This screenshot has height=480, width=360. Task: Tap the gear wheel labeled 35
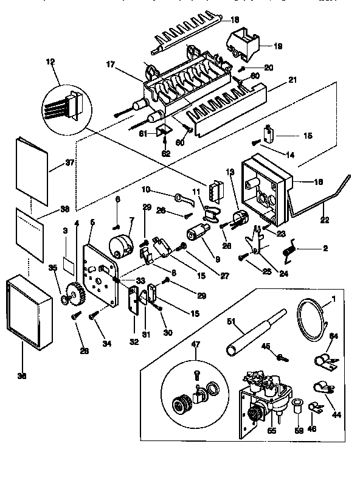[73, 295]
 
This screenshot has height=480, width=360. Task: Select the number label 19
[277, 45]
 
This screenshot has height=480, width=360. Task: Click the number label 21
[292, 80]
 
